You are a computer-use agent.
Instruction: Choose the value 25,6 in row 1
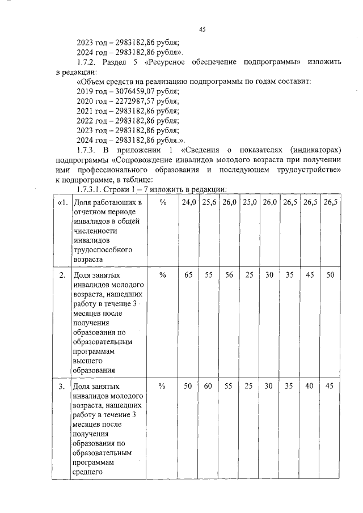(209, 202)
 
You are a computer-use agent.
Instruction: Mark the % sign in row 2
(162, 275)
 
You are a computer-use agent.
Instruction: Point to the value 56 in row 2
(229, 275)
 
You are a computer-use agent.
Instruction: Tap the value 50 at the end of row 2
(330, 275)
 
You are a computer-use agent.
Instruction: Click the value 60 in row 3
(208, 386)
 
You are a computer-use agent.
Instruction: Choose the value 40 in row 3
(310, 386)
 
